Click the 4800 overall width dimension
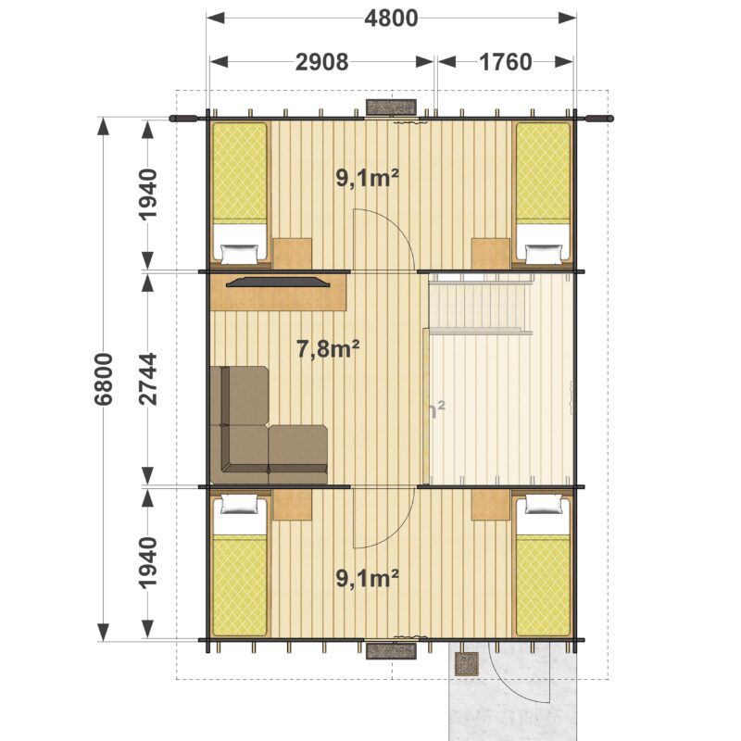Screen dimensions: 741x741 [x=391, y=19]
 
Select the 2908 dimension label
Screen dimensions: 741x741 [x=321, y=62]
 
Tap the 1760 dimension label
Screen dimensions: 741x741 [x=505, y=62]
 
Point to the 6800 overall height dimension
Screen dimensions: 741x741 [x=104, y=379]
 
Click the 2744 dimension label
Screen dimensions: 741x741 [x=147, y=379]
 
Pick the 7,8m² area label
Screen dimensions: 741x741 [x=328, y=349]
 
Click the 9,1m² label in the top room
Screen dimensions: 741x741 [x=367, y=178]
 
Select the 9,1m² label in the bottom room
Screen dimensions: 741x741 [x=367, y=578]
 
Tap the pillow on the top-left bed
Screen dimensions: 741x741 [x=240, y=254]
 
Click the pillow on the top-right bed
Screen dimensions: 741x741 [x=544, y=254]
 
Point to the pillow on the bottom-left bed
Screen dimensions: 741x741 [x=240, y=505]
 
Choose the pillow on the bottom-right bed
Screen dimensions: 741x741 [x=544, y=505]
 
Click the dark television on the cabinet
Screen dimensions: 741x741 [x=278, y=282]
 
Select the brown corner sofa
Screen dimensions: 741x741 [x=269, y=425]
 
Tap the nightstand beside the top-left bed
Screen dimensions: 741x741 [x=293, y=254]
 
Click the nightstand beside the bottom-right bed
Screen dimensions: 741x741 [x=491, y=505]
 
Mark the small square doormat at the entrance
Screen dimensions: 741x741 [x=467, y=664]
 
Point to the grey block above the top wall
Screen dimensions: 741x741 [x=391, y=107]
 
